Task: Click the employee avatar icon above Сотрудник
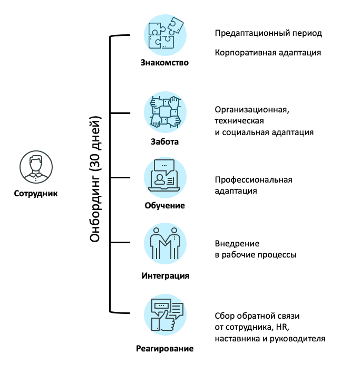[36, 166]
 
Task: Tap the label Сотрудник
[36, 193]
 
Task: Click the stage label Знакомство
[164, 63]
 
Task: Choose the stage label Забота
[165, 141]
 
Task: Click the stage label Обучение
[165, 205]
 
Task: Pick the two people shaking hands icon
[165, 243]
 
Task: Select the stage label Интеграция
[165, 275]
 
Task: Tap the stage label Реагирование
[164, 348]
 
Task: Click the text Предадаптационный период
[268, 33]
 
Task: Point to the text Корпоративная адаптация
[268, 53]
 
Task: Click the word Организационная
[252, 110]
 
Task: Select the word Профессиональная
[254, 180]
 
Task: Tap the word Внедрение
[237, 244]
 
